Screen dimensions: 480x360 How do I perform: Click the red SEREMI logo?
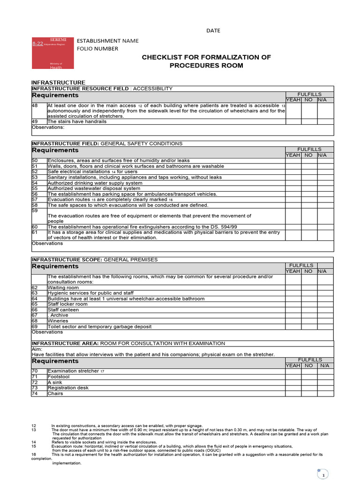(x=50, y=53)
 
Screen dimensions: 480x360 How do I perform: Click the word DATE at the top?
(x=213, y=31)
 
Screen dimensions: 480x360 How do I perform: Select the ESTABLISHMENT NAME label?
(x=108, y=41)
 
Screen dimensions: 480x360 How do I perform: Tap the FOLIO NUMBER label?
(x=97, y=49)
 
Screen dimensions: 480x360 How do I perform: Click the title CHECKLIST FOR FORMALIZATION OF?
(x=206, y=57)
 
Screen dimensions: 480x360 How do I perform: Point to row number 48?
(x=35, y=106)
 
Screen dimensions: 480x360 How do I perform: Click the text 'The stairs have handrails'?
(x=77, y=121)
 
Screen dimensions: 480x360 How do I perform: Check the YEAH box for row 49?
(x=293, y=121)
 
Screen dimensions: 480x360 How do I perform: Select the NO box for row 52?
(x=309, y=172)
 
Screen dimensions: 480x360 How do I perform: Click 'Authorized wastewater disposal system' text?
(x=94, y=188)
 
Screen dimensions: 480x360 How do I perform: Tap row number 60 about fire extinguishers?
(x=35, y=227)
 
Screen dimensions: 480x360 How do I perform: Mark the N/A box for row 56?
(x=325, y=194)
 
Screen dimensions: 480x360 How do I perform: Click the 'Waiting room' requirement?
(x=60, y=287)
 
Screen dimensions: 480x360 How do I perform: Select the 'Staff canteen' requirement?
(x=63, y=310)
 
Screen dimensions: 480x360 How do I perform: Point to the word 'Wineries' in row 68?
(x=58, y=321)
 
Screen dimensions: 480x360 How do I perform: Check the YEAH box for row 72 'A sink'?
(x=293, y=382)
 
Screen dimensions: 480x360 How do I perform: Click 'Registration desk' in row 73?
(x=68, y=388)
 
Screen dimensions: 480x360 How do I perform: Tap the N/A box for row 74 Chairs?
(x=325, y=394)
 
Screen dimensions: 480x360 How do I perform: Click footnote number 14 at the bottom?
(x=34, y=442)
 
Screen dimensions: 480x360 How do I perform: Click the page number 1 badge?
(x=323, y=475)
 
